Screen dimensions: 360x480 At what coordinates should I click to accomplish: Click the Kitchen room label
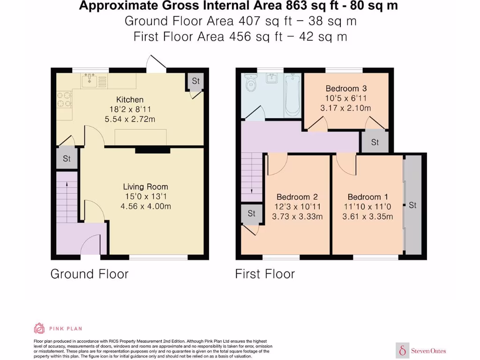pyautogui.click(x=130, y=99)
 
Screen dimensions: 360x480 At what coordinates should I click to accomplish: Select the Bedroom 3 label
pyautogui.click(x=346, y=89)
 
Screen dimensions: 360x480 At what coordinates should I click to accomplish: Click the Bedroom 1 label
pyautogui.click(x=368, y=197)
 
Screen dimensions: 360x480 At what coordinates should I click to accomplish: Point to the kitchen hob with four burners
pyautogui.click(x=64, y=99)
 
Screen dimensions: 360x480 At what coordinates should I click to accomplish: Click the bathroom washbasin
pyautogui.click(x=272, y=79)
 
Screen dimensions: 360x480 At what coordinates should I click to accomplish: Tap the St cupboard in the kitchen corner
pyautogui.click(x=195, y=82)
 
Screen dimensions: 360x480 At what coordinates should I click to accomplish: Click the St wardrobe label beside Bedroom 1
pyautogui.click(x=412, y=205)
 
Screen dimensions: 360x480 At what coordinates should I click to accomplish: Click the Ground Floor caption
pyautogui.click(x=89, y=274)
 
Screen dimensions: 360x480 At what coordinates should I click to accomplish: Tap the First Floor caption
pyautogui.click(x=265, y=274)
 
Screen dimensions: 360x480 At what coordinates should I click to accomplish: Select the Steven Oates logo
pyautogui.click(x=421, y=350)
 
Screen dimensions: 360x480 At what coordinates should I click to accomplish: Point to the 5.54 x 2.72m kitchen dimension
pyautogui.click(x=130, y=119)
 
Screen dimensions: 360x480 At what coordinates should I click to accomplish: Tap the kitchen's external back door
pyautogui.click(x=155, y=63)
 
